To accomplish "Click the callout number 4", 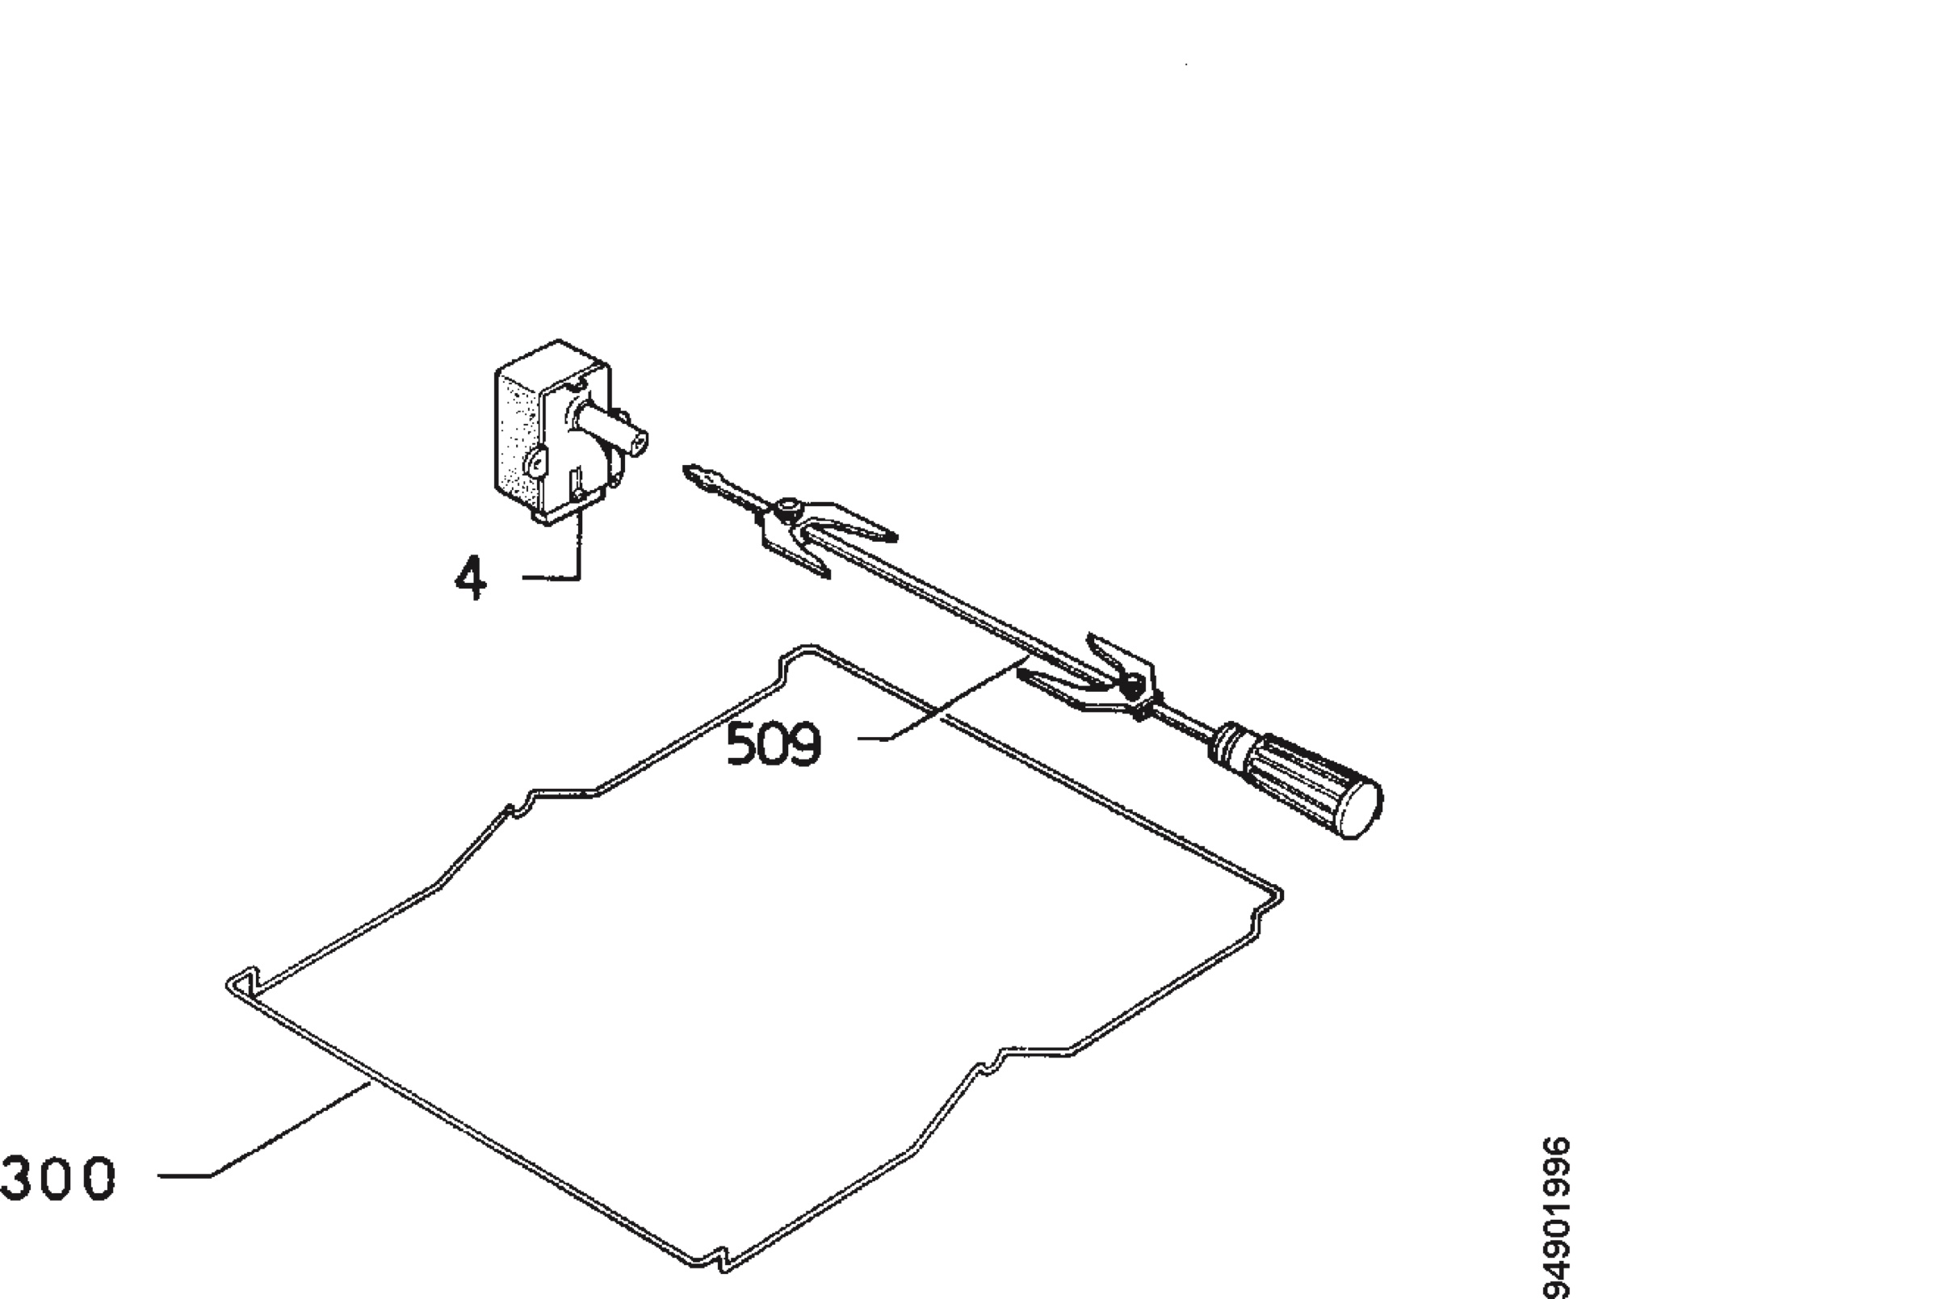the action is click(471, 577).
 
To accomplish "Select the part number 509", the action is click(773, 743).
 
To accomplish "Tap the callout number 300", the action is click(58, 1178).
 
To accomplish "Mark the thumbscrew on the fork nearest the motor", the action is click(788, 506).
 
